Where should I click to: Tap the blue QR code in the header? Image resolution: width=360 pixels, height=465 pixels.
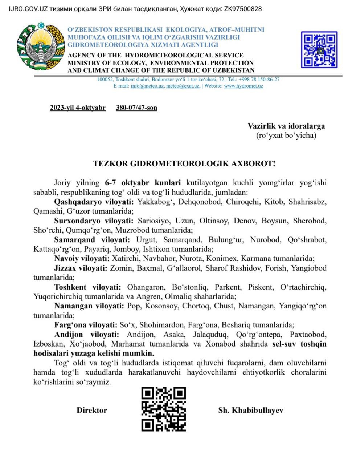point(319,49)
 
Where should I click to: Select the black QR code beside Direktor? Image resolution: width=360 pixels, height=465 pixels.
point(163,409)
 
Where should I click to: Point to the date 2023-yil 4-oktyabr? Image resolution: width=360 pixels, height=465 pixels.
point(78,108)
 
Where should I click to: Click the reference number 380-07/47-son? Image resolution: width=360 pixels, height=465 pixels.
point(136,108)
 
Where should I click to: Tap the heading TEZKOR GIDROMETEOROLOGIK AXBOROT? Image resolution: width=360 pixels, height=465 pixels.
point(184,163)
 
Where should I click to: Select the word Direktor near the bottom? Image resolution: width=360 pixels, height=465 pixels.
point(92,411)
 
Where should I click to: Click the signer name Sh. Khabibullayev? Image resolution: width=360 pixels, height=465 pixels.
point(250,411)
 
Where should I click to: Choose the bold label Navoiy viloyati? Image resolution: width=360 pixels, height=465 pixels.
point(82,259)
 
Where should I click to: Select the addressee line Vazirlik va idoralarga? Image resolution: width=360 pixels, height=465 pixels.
point(286,126)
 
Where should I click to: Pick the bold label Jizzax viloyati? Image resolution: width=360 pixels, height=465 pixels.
point(81,268)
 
